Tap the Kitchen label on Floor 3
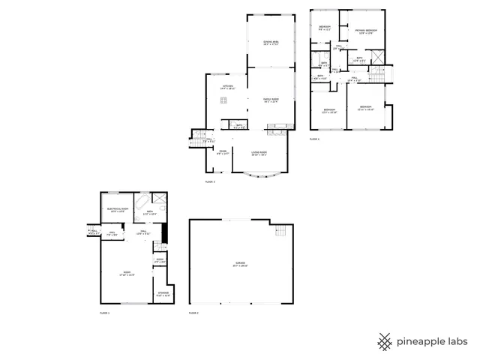click(227, 86)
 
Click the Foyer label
click(223, 153)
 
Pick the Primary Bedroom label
click(366, 31)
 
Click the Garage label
click(239, 263)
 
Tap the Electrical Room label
click(118, 209)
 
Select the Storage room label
click(163, 293)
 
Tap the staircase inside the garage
click(280, 229)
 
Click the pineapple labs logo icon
click(385, 340)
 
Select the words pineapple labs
click(433, 341)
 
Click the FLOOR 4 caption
click(314, 139)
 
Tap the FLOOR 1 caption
click(104, 312)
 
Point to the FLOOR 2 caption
click(193, 312)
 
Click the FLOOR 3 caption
click(210, 181)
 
